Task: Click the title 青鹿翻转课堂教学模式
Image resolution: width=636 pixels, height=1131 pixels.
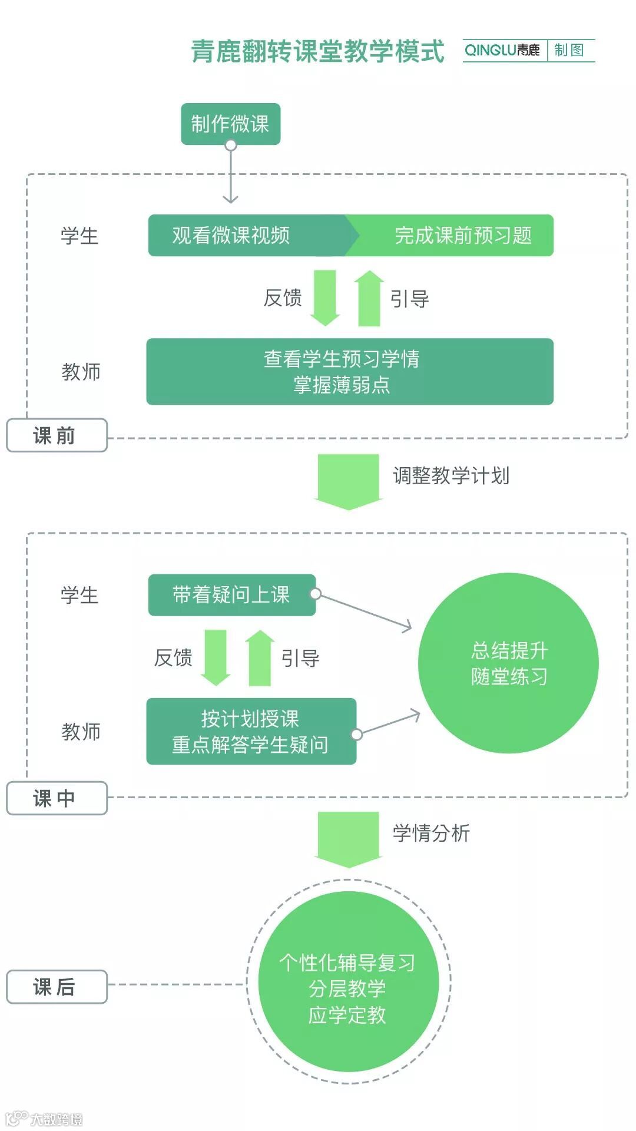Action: click(317, 51)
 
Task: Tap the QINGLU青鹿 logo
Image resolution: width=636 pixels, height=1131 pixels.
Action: click(502, 51)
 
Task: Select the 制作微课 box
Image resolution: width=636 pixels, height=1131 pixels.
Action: click(230, 124)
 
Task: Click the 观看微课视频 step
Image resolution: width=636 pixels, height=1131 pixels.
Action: click(231, 236)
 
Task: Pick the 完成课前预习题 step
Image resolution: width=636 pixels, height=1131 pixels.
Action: click(463, 236)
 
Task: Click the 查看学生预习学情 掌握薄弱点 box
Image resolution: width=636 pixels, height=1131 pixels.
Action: click(349, 372)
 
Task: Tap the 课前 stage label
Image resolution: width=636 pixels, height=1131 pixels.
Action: click(57, 436)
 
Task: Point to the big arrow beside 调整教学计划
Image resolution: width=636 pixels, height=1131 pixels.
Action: click(348, 480)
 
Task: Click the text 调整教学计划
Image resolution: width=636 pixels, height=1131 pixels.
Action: click(451, 475)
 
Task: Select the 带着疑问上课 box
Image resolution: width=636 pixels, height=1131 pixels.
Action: click(231, 595)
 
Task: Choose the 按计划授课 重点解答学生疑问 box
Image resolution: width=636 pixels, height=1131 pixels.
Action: click(251, 732)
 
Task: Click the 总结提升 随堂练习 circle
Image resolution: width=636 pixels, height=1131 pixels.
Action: click(508, 663)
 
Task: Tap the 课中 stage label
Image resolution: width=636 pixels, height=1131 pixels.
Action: click(57, 798)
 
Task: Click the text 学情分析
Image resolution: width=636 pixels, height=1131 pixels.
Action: click(431, 833)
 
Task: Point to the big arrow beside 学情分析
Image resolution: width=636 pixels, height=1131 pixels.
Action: click(348, 838)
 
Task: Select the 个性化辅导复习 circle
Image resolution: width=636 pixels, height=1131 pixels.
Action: click(348, 982)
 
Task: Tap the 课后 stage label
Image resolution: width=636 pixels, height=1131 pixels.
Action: click(57, 987)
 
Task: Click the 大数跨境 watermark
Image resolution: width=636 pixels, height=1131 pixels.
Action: click(45, 1119)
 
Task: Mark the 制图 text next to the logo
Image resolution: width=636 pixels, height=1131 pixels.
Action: click(569, 51)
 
